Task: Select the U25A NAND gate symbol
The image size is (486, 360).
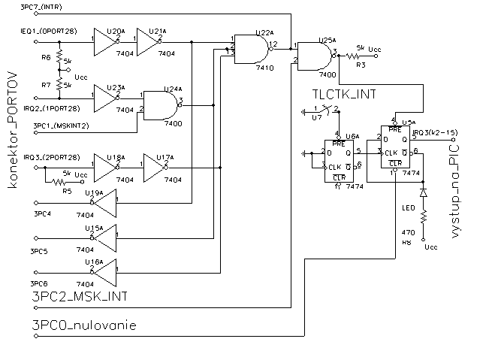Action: pos(315,55)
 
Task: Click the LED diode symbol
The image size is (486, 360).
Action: pos(424,192)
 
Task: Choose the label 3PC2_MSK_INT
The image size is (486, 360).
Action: pos(78,298)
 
